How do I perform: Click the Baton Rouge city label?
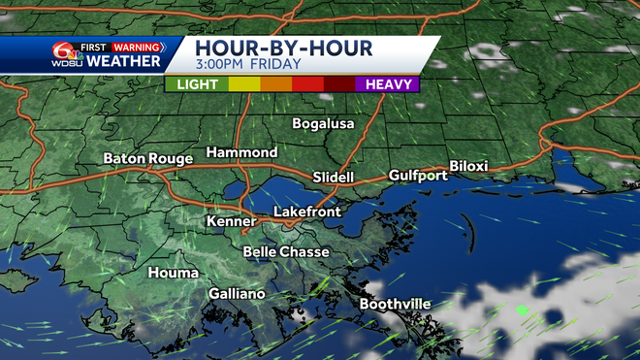tap(146, 158)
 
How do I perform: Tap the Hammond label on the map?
tap(241, 153)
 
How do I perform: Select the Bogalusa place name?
tap(324, 124)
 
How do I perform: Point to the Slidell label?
tap(335, 178)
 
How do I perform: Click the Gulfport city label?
tap(418, 176)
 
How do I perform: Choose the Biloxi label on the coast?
tap(468, 167)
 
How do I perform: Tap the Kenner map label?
tap(231, 221)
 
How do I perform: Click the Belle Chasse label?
tap(285, 252)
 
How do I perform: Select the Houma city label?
tap(173, 274)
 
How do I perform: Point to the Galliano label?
tap(237, 294)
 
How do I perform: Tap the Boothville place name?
tap(395, 305)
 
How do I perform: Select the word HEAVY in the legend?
tap(390, 84)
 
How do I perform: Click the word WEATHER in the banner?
tap(122, 61)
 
